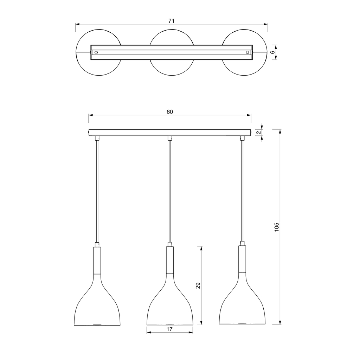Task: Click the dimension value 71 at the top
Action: pos(172,21)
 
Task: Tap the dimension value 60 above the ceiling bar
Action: pos(170,112)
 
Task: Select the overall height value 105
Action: pos(277,227)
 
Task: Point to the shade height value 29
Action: pos(198,285)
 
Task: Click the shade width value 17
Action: pos(169,329)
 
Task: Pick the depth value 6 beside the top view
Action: pos(272,52)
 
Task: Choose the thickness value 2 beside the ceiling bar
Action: pos(259,133)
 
